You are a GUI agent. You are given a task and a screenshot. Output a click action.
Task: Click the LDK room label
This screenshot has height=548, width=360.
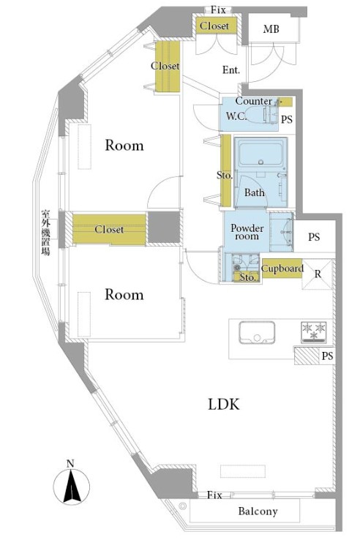pos(224,405)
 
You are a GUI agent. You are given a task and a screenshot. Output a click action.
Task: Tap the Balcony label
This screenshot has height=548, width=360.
pos(258,511)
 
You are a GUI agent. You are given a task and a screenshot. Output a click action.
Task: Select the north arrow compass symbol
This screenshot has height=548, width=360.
pos(71,485)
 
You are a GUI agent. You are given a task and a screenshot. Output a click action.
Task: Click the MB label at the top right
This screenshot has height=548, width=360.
pos(271,29)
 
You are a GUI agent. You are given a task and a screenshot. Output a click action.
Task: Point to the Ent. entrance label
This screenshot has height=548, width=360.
pos(231,70)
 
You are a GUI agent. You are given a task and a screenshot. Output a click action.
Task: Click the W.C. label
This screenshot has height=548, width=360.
pos(236,116)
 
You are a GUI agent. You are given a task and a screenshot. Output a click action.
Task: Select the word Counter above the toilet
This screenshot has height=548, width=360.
pos(254,101)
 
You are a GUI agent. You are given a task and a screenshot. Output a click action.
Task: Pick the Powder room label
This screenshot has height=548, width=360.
pos(247,232)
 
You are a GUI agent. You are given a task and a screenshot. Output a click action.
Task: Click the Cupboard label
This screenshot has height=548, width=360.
pos(282,269)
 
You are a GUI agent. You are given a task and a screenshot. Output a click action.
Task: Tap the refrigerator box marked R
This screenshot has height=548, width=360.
pos(318,274)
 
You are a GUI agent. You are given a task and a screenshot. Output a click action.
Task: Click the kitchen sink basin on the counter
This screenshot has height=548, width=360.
pos(257,333)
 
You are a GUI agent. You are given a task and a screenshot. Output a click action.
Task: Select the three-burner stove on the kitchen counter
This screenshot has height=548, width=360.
pos(314,332)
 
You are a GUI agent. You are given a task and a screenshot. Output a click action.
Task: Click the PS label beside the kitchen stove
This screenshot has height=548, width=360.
pos(327,356)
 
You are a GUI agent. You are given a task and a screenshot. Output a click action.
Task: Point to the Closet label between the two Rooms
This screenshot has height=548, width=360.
pos(109,229)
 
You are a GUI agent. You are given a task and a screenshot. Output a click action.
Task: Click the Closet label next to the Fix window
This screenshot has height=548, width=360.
pos(214,26)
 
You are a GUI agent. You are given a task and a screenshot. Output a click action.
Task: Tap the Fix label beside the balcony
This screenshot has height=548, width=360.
pos(214,495)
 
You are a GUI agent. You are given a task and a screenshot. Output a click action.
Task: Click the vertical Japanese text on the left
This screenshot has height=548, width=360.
pos(45,232)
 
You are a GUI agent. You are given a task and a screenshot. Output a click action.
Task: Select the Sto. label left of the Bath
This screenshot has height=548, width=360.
pos(225,175)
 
